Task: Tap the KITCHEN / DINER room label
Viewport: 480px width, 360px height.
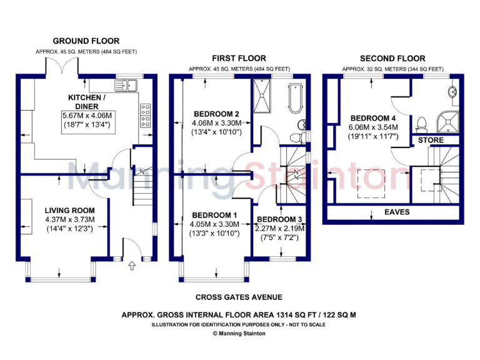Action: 86,102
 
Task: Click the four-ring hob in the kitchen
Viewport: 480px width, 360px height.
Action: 146,115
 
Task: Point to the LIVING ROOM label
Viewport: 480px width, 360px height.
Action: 69,210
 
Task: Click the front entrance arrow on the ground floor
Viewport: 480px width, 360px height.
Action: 132,267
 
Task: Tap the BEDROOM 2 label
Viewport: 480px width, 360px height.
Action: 217,114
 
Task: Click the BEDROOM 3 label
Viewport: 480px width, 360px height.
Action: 280,219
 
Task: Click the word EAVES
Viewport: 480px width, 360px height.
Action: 397,212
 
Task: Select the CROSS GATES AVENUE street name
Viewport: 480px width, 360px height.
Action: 239,297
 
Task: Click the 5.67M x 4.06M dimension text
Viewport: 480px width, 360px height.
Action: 86,116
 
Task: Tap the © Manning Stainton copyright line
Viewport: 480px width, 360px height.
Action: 239,334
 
